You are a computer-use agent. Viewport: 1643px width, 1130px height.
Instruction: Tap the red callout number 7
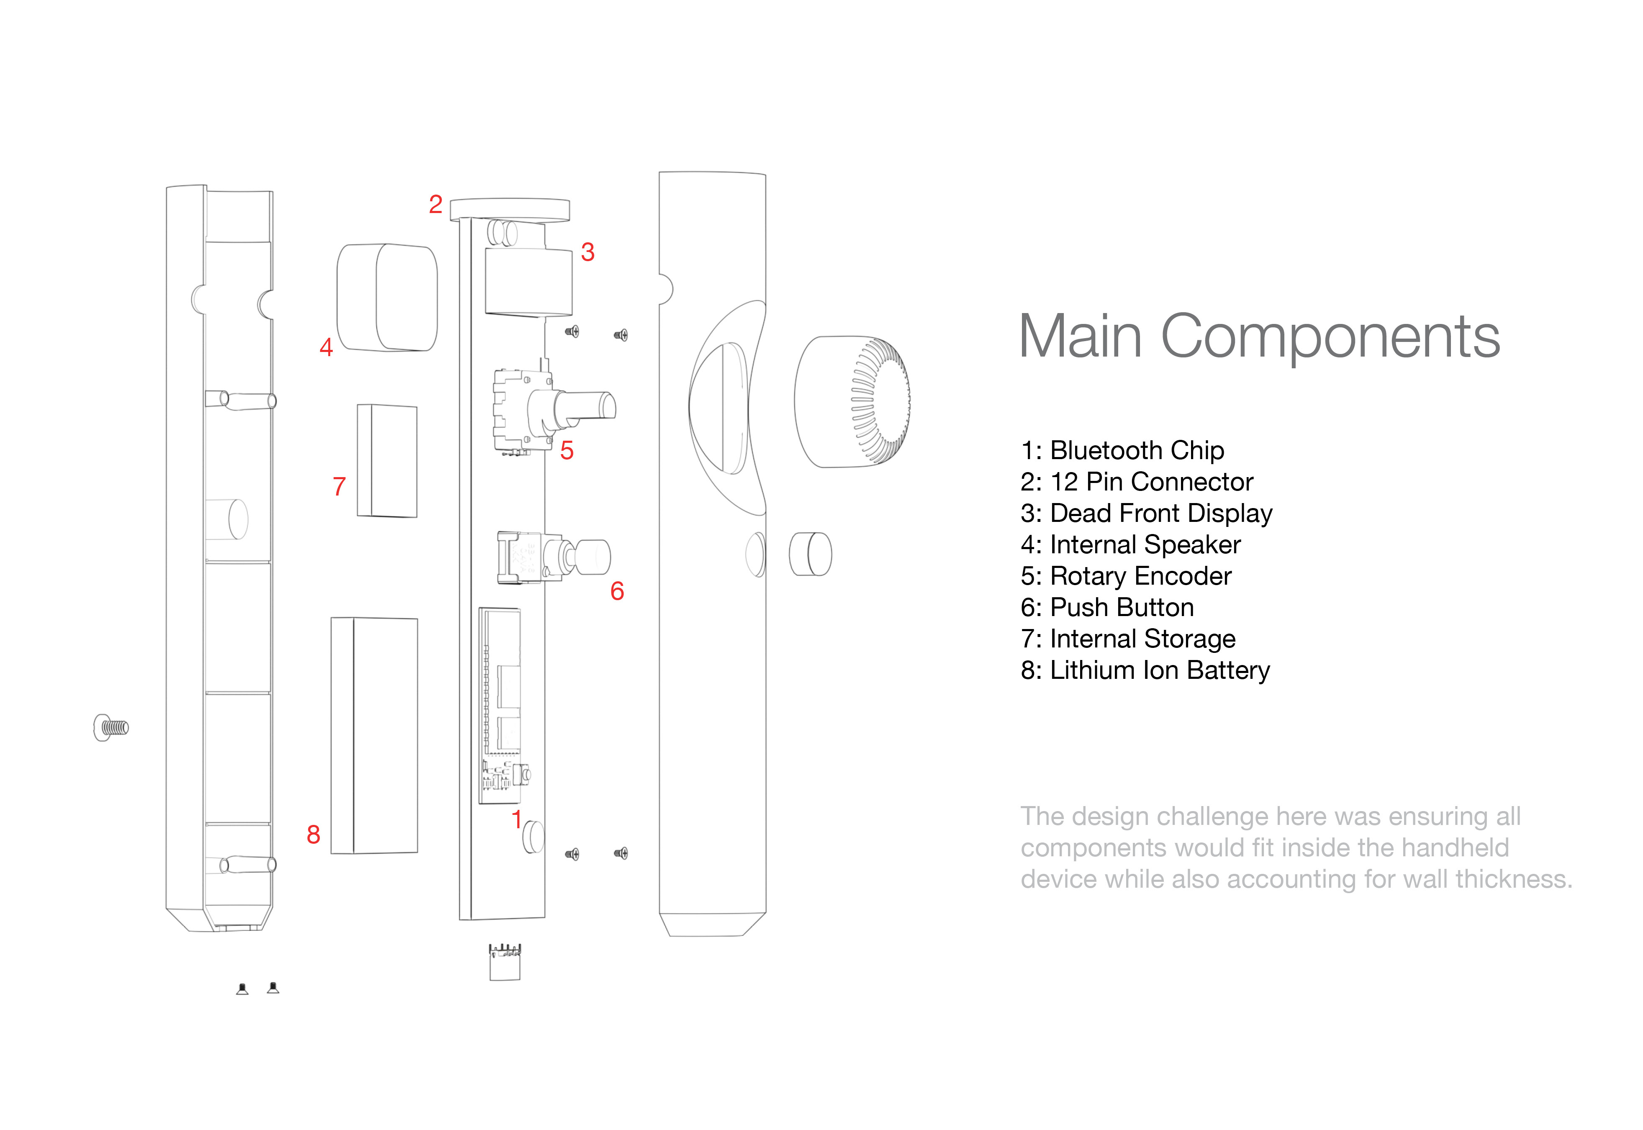point(339,486)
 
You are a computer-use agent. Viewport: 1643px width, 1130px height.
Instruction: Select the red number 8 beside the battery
point(313,835)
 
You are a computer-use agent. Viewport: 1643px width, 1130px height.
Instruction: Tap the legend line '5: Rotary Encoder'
point(1126,575)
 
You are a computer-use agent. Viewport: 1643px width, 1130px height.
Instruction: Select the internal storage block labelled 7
point(387,460)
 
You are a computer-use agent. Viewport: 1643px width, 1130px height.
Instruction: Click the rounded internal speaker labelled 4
point(387,298)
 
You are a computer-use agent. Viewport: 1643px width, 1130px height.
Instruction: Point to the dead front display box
point(528,282)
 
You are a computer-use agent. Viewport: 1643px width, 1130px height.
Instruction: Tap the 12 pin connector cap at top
point(510,209)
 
